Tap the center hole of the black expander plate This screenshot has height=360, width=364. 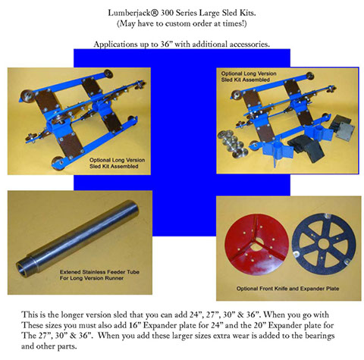pyautogui.click(x=324, y=244)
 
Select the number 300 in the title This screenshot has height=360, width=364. pyautogui.click(x=167, y=13)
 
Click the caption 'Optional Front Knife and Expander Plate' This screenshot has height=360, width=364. pyautogui.click(x=287, y=289)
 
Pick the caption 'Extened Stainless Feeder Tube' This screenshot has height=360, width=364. pyautogui.click(x=99, y=272)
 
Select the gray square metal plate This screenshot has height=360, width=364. pyautogui.click(x=345, y=130)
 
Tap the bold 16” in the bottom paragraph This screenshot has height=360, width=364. pyautogui.click(x=133, y=325)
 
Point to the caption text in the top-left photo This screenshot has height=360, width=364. pyautogui.click(x=117, y=163)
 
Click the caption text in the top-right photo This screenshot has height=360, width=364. pyautogui.click(x=249, y=77)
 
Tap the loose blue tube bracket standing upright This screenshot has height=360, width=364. pyautogui.click(x=278, y=153)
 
